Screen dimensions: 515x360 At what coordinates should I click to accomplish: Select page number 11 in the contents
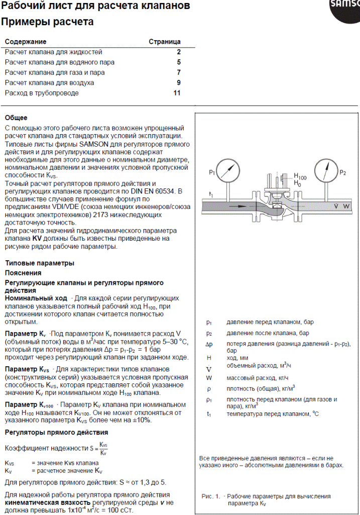(177, 93)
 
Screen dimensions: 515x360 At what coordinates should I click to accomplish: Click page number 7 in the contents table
(178, 72)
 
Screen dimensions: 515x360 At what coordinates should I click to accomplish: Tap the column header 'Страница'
(165, 42)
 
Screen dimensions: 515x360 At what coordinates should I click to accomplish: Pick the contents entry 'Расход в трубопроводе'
(42, 93)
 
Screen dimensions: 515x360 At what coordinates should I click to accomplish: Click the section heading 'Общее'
(16, 118)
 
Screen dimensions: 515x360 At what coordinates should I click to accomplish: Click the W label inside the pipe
(346, 205)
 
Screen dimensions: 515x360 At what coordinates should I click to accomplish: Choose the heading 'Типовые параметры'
(40, 263)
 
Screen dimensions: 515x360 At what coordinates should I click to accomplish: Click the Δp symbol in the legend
(209, 344)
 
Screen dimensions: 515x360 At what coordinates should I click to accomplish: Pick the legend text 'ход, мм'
(239, 358)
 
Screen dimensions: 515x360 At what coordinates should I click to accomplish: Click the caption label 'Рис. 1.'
(210, 496)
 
